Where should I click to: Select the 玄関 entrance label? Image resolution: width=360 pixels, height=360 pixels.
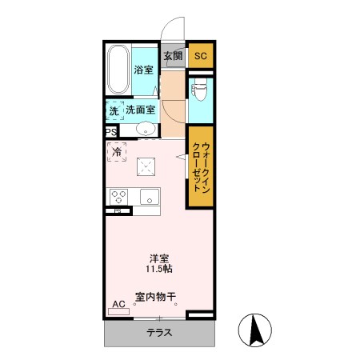(174, 55)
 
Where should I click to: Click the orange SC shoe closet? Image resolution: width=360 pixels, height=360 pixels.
(201, 55)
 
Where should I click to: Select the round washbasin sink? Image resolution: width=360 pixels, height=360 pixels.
(146, 129)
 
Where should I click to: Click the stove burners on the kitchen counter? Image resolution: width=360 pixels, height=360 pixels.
(120, 196)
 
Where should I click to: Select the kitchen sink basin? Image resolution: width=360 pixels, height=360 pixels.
(149, 196)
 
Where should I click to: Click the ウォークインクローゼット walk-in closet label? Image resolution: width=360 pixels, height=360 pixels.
(201, 166)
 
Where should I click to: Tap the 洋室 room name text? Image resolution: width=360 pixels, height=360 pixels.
(159, 258)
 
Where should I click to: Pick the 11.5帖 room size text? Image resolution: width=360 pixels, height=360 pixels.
(159, 270)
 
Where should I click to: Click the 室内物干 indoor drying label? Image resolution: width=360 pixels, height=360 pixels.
(155, 297)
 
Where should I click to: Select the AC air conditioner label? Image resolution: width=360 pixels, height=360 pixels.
(118, 304)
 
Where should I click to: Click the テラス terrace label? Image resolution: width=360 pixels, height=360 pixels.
(159, 333)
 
